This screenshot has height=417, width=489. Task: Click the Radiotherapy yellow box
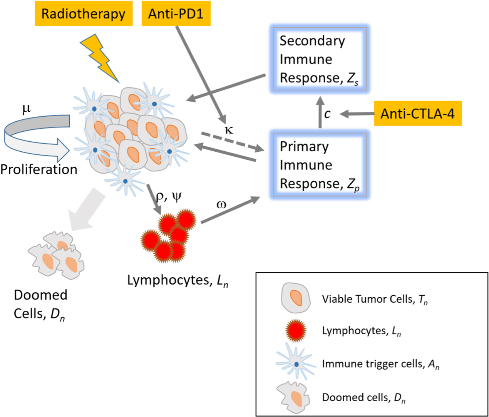(x=84, y=13)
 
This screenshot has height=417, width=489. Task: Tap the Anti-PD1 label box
(x=176, y=13)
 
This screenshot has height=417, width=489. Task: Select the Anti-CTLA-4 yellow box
(x=418, y=114)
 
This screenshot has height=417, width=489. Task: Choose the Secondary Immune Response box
(x=319, y=59)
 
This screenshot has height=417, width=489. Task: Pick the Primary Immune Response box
(x=319, y=165)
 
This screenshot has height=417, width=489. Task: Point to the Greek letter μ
(x=26, y=109)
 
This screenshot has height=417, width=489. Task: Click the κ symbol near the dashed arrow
(x=229, y=129)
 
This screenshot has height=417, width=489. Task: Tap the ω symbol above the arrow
(x=221, y=204)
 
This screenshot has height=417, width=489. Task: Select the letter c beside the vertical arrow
(x=327, y=114)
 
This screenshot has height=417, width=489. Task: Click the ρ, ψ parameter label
(x=168, y=197)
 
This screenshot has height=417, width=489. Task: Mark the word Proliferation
(x=39, y=169)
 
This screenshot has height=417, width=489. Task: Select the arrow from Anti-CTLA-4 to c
(x=357, y=114)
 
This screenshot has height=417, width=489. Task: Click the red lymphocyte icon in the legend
(x=296, y=330)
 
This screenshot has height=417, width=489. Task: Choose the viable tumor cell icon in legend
(x=296, y=298)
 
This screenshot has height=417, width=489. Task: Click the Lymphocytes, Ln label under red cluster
(x=178, y=280)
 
